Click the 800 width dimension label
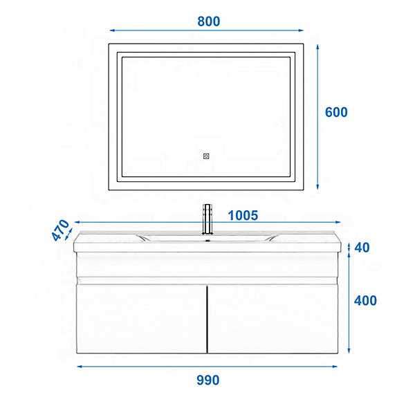pos(209,21)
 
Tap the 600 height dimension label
pos(336,112)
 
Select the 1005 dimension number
pos(243,215)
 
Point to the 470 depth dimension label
pos(60,230)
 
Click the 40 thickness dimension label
pos(362,248)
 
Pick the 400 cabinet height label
pos(365,301)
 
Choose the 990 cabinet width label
pos(207,380)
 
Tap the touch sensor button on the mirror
pos(206,156)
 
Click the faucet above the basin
pos(207,219)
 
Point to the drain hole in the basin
pos(207,241)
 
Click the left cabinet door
pos(142,319)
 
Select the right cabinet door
pos(273,319)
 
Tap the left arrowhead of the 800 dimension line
pos(112,30)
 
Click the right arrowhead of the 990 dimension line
pos(335,367)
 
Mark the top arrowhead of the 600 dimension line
pos(317,47)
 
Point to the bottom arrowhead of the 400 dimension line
pos(349,351)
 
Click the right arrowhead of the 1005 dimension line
pos(338,222)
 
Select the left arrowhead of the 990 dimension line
pos(80,367)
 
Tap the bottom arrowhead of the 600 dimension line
pos(317,187)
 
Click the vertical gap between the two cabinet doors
pos(207,319)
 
